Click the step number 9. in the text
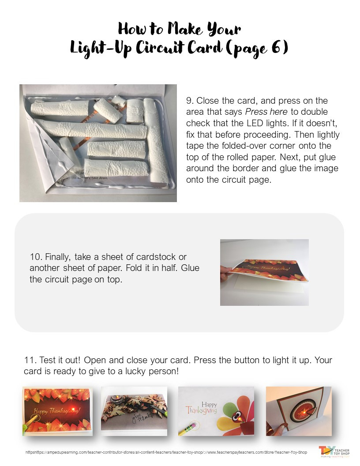(189, 101)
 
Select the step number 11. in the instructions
(30, 360)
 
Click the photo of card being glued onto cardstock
(264, 272)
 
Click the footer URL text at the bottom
(165, 453)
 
